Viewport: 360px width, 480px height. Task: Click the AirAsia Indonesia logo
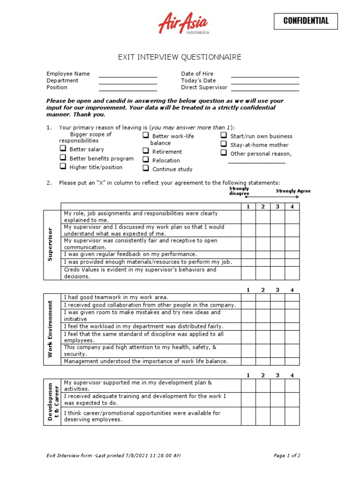coord(184,24)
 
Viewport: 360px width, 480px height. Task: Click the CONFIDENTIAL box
coord(306,21)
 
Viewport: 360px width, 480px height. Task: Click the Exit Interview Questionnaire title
coord(180,57)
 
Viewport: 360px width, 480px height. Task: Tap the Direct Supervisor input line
coord(265,89)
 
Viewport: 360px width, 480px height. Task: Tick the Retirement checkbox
coord(146,151)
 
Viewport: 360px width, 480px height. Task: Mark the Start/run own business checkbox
coord(224,135)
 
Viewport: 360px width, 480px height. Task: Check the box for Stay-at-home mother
coord(224,144)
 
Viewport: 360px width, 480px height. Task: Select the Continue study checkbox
coord(146,168)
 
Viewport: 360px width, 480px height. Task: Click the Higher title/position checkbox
coord(63,166)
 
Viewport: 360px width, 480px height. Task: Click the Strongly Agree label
coord(293,191)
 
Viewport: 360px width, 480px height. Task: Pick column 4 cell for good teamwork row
coord(292,297)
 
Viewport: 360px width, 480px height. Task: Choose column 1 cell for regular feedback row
coord(248,254)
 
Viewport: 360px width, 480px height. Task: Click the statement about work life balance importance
coord(146,361)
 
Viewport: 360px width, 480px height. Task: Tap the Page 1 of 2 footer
coord(287,455)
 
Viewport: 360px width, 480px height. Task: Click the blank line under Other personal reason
coord(256,162)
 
